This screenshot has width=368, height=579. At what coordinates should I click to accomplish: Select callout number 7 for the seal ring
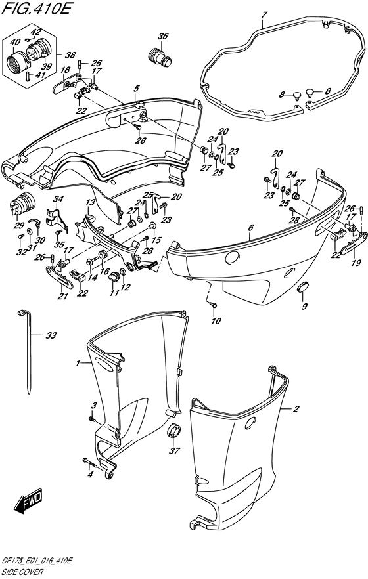pyautogui.click(x=264, y=14)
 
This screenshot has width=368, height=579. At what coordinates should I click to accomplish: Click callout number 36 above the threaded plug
pyautogui.click(x=163, y=36)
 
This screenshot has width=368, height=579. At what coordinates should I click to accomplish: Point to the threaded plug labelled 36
pyautogui.click(x=160, y=58)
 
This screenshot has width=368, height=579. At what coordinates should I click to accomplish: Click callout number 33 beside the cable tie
pyautogui.click(x=51, y=336)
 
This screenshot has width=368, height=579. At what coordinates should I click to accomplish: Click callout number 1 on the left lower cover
pyautogui.click(x=78, y=363)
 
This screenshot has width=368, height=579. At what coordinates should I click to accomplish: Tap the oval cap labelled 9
pyautogui.click(x=304, y=288)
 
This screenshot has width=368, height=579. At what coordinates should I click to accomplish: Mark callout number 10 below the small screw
pyautogui.click(x=214, y=321)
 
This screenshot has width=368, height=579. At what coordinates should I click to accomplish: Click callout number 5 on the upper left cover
pyautogui.click(x=136, y=88)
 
